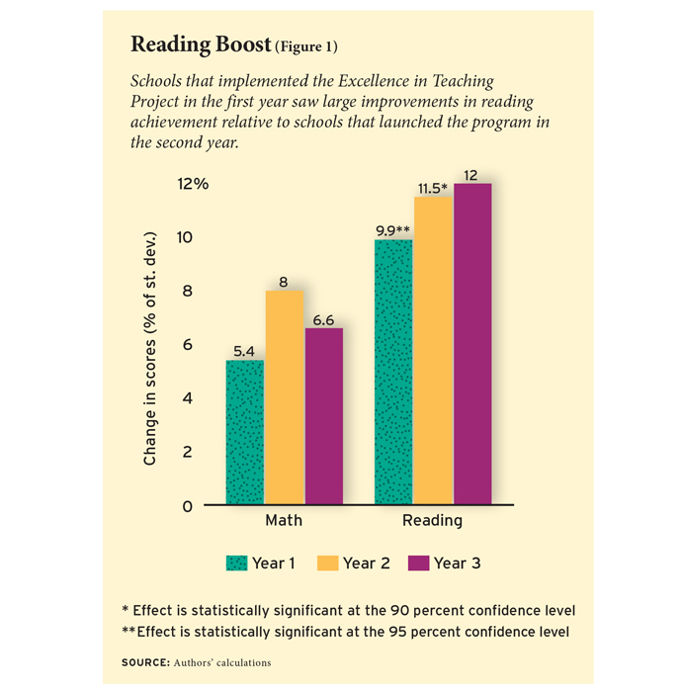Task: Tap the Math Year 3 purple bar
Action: (323, 416)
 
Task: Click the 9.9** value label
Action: (393, 229)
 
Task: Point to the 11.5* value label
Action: (431, 188)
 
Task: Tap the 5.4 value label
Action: (245, 350)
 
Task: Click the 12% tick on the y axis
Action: (193, 184)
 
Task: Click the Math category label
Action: (284, 521)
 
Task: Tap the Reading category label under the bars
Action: (432, 521)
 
